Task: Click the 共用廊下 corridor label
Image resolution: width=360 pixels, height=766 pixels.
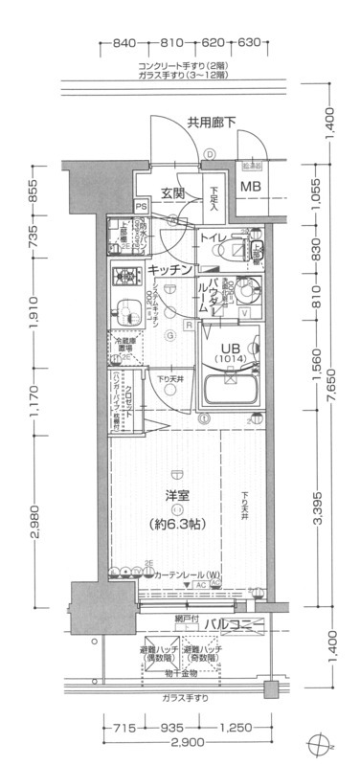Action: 211,122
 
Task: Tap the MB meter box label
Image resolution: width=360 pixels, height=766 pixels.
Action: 250,186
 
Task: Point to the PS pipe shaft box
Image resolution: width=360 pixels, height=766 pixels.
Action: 142,205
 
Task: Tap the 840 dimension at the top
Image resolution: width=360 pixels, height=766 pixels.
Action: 123,44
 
